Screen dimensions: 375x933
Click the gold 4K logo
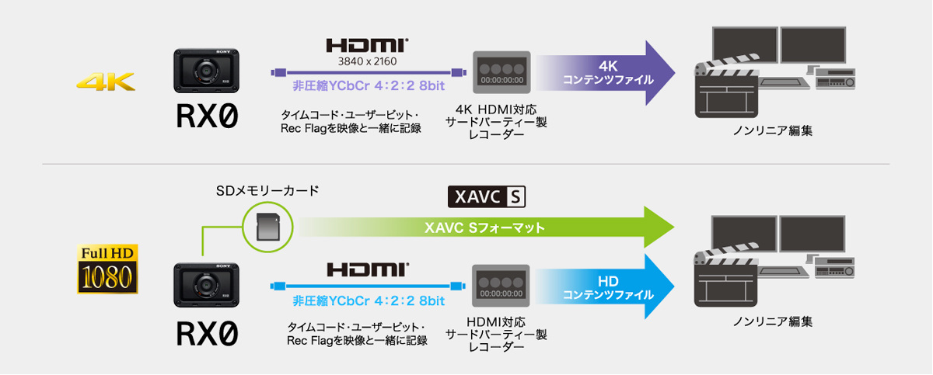(x=106, y=81)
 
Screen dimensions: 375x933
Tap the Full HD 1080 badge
(x=107, y=269)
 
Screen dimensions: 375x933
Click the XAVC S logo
(x=487, y=197)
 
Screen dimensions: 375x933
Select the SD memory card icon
(x=266, y=227)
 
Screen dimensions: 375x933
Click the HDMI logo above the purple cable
(x=367, y=45)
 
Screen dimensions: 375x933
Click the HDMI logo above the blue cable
(x=367, y=269)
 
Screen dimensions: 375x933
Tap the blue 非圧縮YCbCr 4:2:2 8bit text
(x=369, y=300)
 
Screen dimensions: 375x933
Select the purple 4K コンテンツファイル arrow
(x=606, y=73)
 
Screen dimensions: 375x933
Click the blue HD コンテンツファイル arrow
(x=606, y=286)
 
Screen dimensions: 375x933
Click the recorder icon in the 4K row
(x=501, y=73)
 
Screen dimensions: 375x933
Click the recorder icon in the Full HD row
(x=501, y=286)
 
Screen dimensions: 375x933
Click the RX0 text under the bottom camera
(x=206, y=334)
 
